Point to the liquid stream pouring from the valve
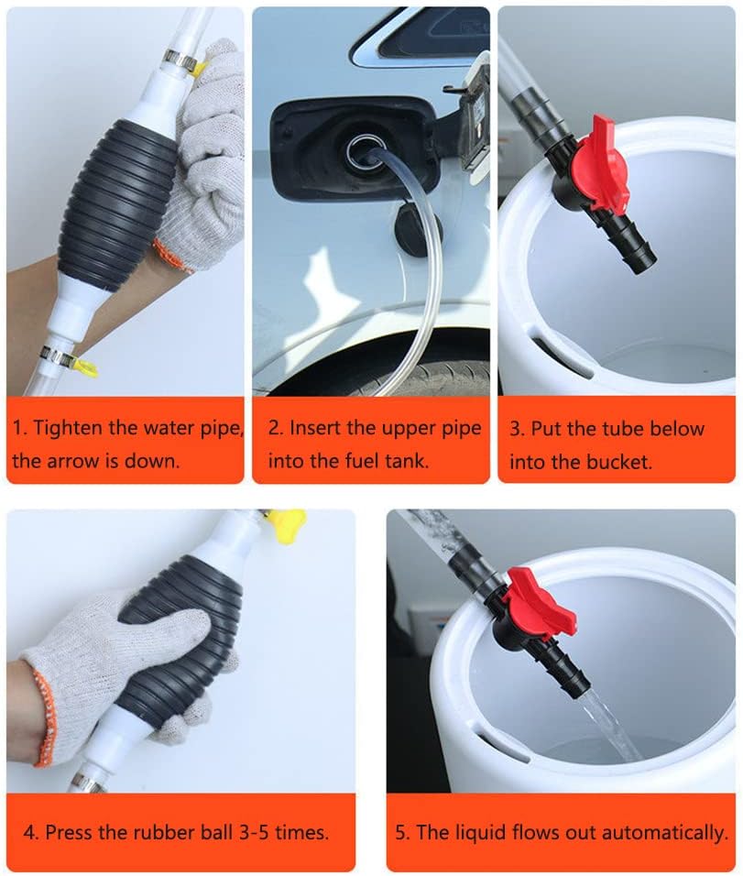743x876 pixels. tap(613, 723)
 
